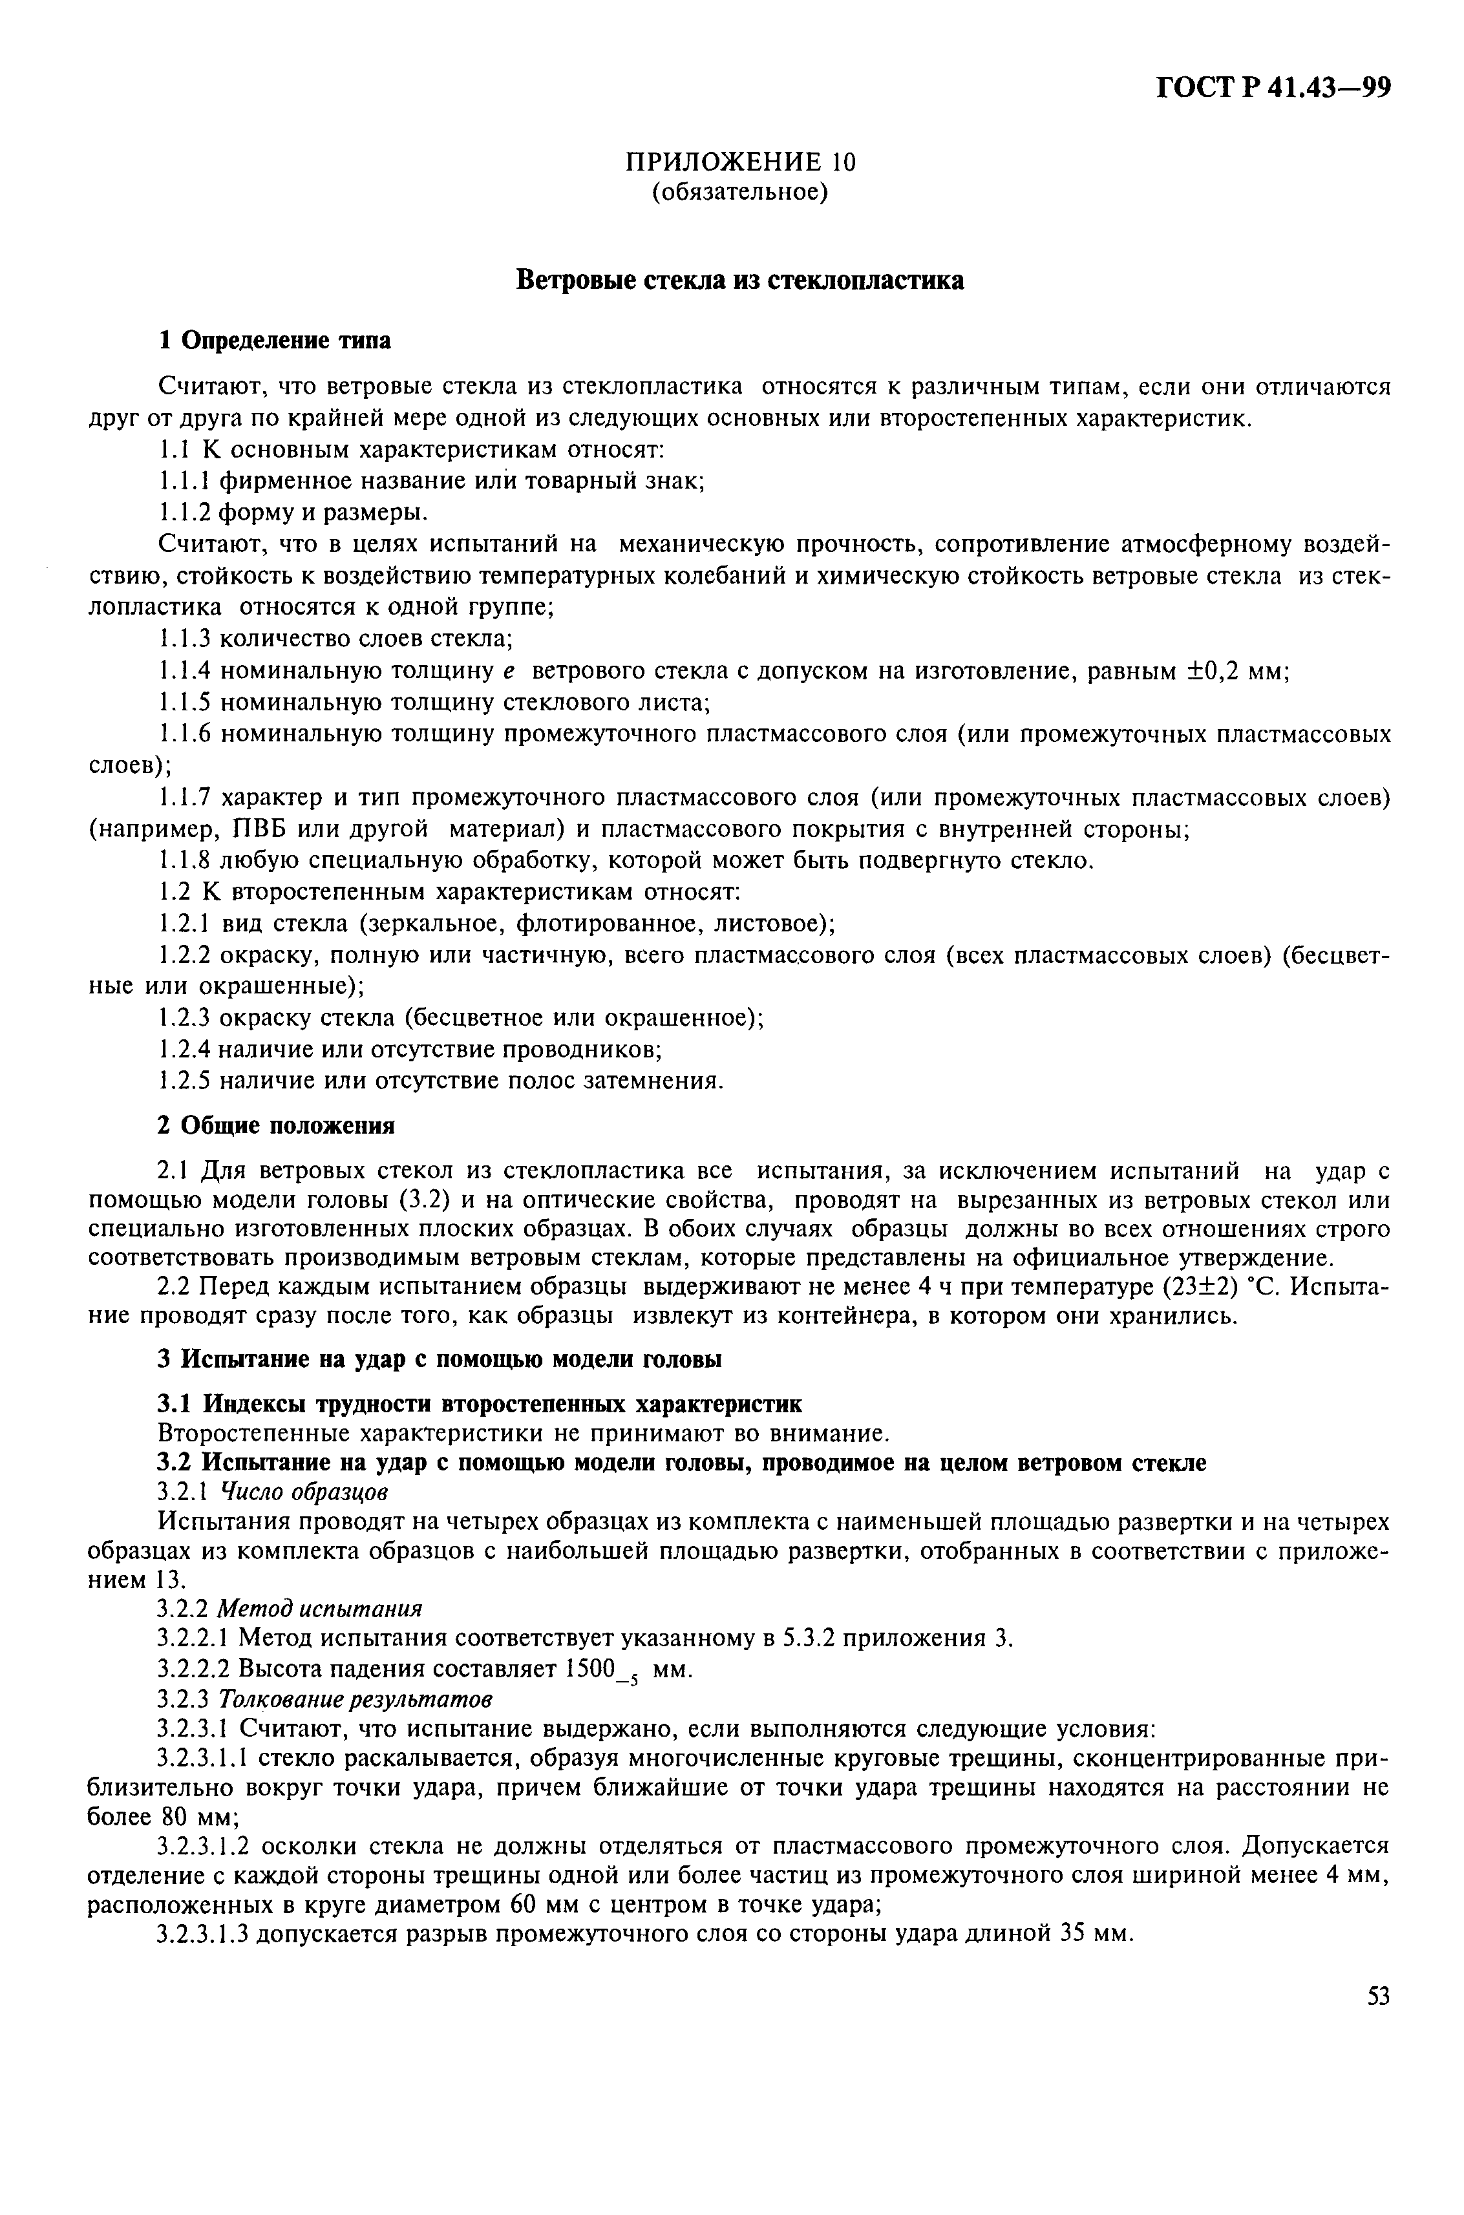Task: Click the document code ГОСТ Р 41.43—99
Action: [1273, 89]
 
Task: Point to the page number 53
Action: [1378, 1997]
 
